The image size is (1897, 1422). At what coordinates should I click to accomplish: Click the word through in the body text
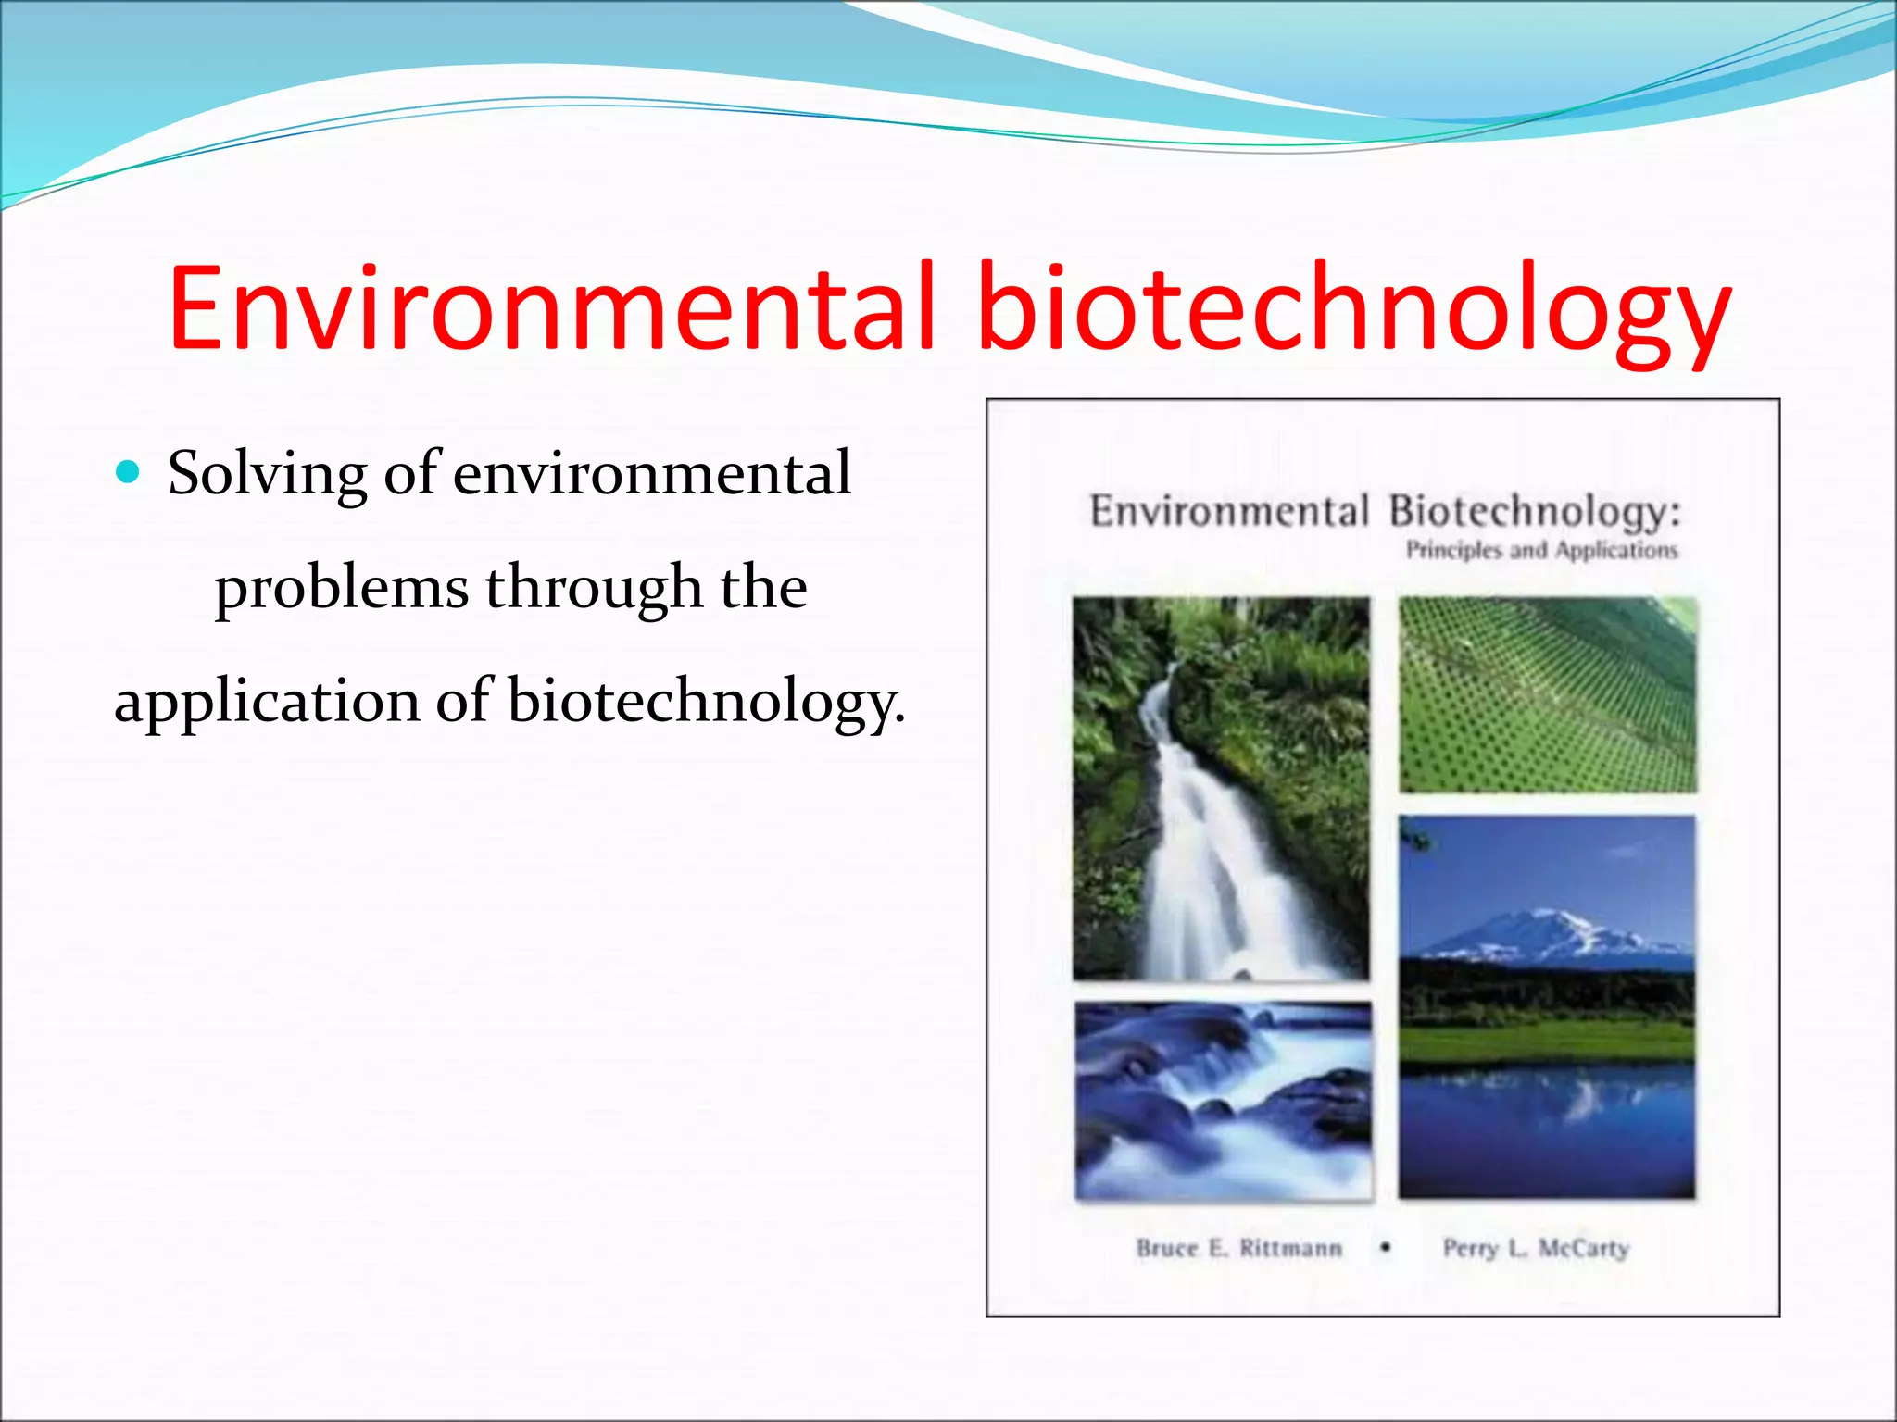pos(593,587)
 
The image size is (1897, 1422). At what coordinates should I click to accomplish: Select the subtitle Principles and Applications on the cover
pos(1541,551)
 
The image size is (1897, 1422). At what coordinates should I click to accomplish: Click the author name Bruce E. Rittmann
pos(1238,1248)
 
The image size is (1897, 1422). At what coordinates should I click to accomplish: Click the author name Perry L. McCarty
pos(1536,1248)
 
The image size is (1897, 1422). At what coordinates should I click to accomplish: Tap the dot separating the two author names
pos(1385,1247)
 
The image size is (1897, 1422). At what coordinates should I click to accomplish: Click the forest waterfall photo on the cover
pos(1221,788)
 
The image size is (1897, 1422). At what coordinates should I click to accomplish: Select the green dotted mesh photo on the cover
pos(1547,695)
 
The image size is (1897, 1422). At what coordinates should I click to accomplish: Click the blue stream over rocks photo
pos(1223,1101)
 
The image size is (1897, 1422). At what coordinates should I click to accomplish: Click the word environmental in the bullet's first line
pos(652,474)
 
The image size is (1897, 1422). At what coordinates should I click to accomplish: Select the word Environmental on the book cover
pos(1228,512)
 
